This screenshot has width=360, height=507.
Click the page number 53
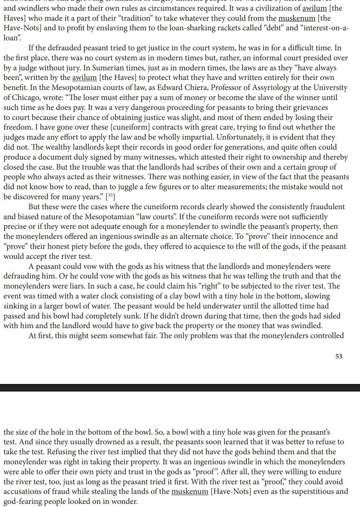[x=339, y=356]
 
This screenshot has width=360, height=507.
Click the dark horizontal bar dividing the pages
[x=180, y=388]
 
